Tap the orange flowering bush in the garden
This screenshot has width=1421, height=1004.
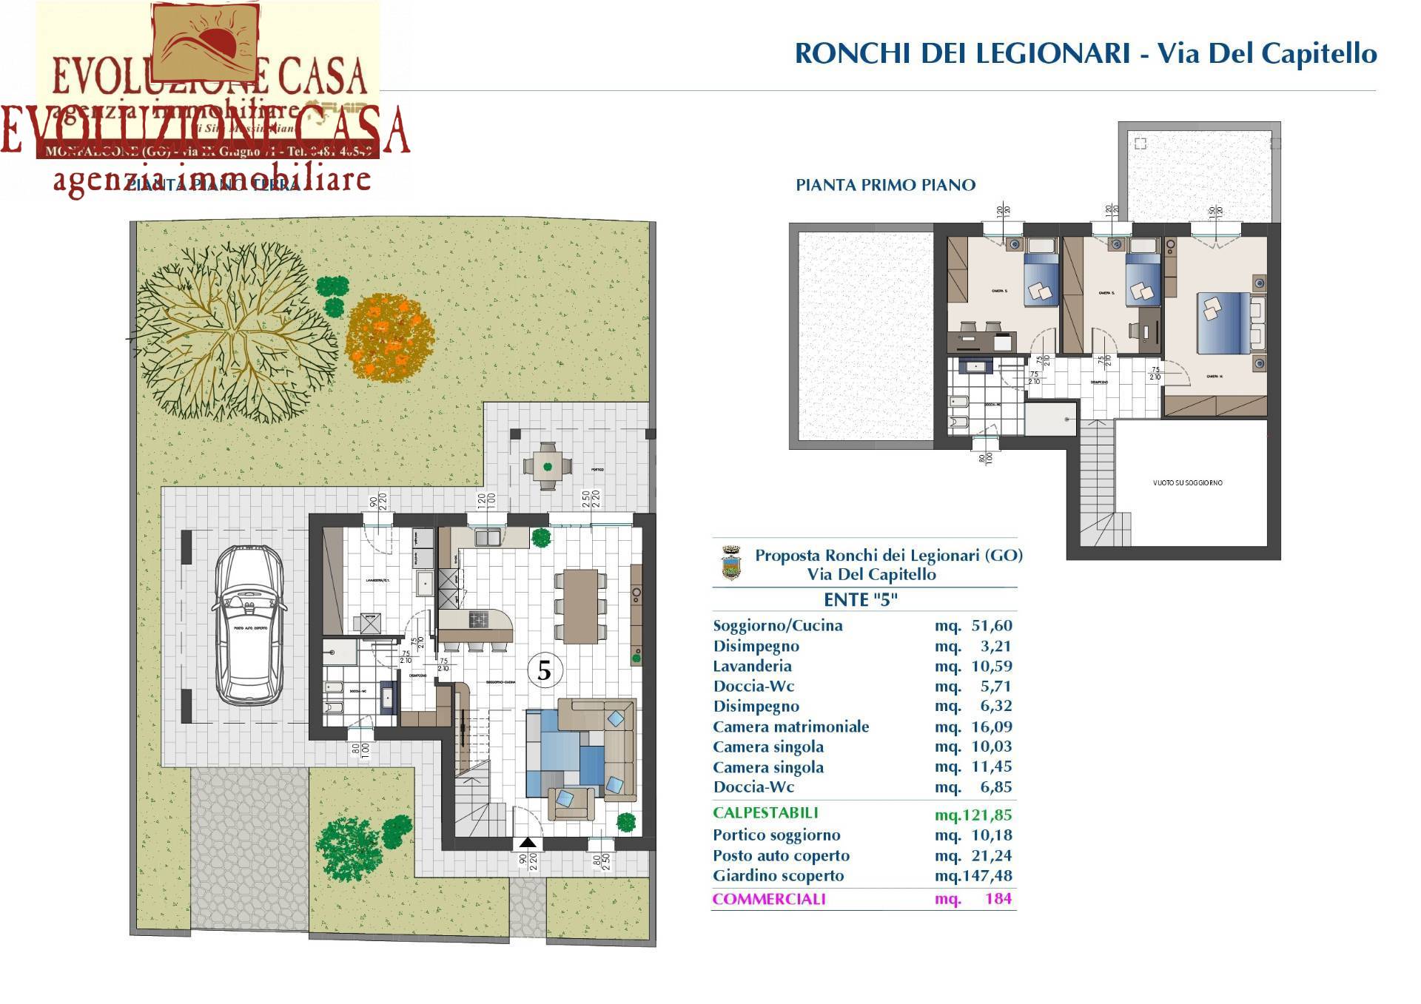click(389, 337)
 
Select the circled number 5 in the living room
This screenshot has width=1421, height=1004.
click(544, 671)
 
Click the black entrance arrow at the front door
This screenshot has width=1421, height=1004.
click(527, 843)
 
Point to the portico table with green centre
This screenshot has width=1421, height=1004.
click(547, 466)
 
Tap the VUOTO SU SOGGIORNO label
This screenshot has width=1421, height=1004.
click(1187, 483)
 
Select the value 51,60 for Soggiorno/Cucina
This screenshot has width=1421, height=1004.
click(991, 626)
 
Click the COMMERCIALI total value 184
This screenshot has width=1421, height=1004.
click(998, 899)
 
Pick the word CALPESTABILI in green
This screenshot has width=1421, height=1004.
click(765, 812)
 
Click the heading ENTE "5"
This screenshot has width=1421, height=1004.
click(860, 600)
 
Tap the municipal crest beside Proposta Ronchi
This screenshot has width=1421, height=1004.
click(731, 564)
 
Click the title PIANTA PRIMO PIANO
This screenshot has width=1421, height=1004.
click(885, 185)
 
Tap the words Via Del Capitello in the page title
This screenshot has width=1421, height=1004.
click(1266, 53)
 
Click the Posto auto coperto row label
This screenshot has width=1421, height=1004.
click(781, 855)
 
